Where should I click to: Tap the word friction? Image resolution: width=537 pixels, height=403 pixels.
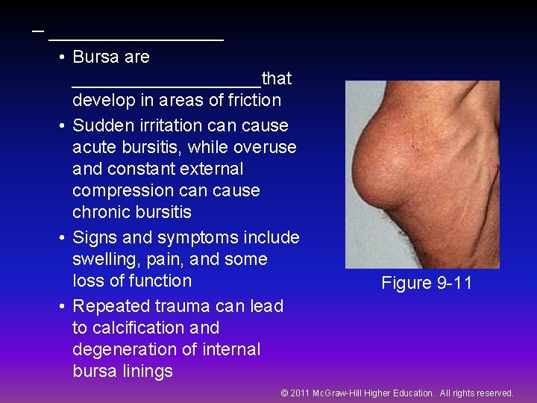(x=251, y=100)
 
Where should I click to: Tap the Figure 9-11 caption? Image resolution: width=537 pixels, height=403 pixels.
(x=427, y=283)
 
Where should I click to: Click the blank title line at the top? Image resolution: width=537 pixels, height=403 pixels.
(x=135, y=37)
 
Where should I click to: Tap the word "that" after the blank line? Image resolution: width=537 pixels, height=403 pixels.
(x=277, y=78)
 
